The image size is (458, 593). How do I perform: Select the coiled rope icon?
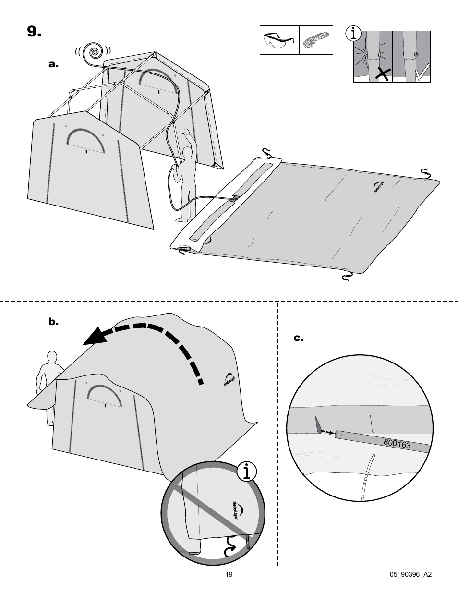316,40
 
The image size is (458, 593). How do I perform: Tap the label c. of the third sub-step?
299,338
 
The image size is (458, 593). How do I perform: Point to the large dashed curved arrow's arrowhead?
94,337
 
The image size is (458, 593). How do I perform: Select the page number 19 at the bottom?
229,575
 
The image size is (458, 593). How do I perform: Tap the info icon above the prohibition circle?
246,472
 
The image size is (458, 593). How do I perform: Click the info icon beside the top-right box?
354,34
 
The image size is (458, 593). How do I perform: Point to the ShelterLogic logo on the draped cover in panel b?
228,379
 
